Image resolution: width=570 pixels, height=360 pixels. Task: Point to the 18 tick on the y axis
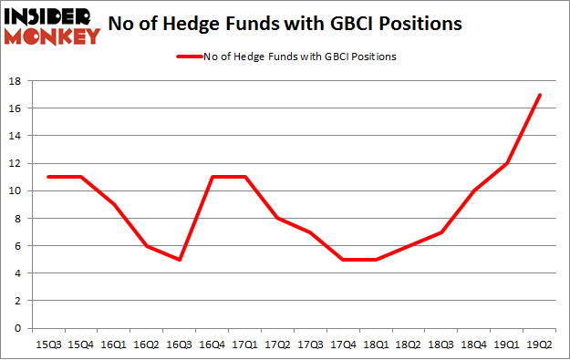pyautogui.click(x=17, y=81)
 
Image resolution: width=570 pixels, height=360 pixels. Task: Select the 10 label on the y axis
pyautogui.click(x=17, y=190)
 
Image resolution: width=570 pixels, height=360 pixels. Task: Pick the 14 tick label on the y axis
pyautogui.click(x=17, y=136)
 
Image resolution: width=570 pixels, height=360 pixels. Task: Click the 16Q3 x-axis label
pyautogui.click(x=178, y=344)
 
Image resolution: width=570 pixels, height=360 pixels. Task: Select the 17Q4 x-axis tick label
pyautogui.click(x=342, y=344)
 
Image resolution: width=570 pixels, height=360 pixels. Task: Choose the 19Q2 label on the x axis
pyautogui.click(x=539, y=344)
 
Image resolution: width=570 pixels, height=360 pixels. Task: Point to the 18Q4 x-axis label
pyautogui.click(x=473, y=344)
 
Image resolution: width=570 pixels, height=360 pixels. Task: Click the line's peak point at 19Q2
pyautogui.click(x=539, y=95)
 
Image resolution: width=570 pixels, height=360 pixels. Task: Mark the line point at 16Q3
pyautogui.click(x=178, y=259)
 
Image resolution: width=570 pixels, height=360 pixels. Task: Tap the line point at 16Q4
pyautogui.click(x=211, y=177)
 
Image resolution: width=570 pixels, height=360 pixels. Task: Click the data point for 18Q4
pyautogui.click(x=473, y=190)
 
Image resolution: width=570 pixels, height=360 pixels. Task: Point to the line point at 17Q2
pyautogui.click(x=276, y=218)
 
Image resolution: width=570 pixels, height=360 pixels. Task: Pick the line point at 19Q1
pyautogui.click(x=506, y=163)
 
